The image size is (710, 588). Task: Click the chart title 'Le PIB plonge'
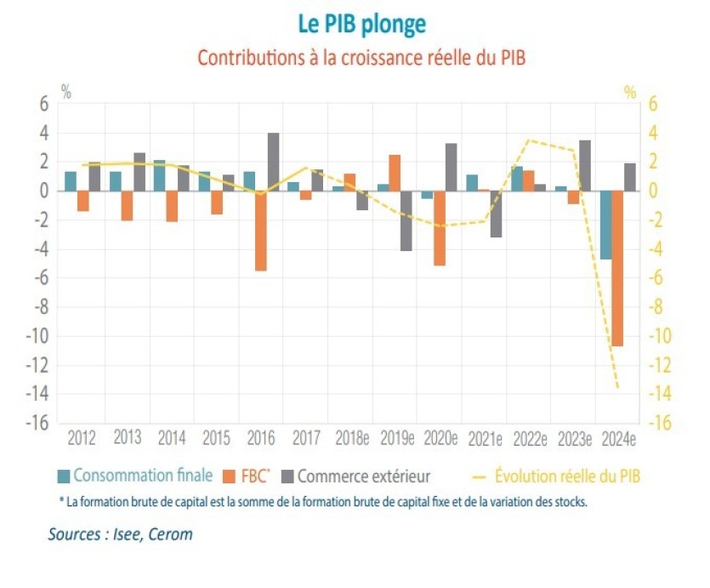coord(361,23)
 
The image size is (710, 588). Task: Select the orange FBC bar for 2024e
coord(617,268)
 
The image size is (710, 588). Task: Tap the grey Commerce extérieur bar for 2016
coord(274,162)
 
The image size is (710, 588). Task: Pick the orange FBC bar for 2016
coord(261,231)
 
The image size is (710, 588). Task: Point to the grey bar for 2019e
coord(407,220)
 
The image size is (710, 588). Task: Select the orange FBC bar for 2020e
coord(439,228)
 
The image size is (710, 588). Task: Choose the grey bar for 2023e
coord(585,165)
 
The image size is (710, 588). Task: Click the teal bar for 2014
coord(159,175)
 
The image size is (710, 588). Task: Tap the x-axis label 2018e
coord(350,439)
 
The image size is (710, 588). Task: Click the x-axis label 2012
coord(82,439)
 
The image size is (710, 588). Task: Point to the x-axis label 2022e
coord(530,439)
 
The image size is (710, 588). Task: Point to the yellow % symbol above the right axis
coord(630,92)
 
